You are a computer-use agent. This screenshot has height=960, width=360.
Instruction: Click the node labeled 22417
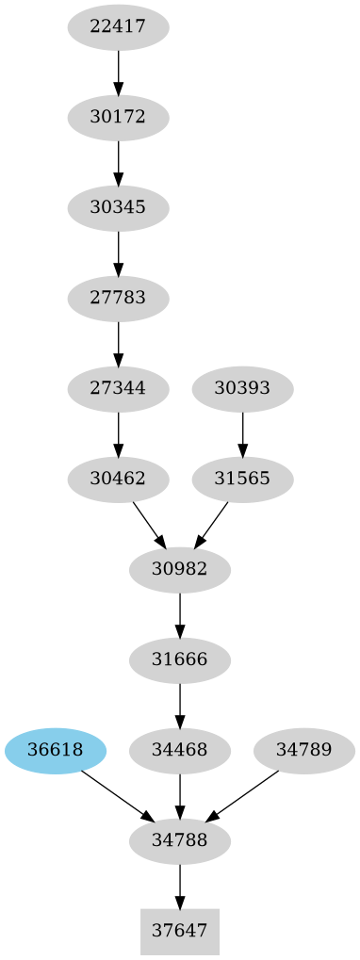[x=118, y=27]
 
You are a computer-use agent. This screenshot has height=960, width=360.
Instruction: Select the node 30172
[x=118, y=118]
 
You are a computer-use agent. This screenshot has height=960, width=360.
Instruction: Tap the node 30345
[x=118, y=208]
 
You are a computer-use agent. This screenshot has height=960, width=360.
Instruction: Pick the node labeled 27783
[x=118, y=299]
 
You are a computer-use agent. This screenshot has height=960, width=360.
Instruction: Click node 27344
[x=118, y=388]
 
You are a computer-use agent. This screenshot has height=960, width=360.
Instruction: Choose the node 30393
[x=242, y=388]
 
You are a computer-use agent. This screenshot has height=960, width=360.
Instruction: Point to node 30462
[x=118, y=479]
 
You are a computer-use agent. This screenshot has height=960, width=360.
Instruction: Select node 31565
[x=242, y=479]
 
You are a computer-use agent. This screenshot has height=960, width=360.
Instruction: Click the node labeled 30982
[x=180, y=569]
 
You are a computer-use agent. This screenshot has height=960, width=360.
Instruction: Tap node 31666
[x=180, y=659]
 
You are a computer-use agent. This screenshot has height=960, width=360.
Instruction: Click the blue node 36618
[x=56, y=750]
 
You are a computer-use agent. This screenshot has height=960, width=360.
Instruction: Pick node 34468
[x=180, y=750]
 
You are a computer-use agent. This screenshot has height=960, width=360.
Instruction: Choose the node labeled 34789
[x=304, y=750]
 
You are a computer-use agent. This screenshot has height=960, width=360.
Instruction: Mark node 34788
[x=180, y=840]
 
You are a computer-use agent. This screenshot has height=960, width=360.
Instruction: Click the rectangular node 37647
[x=180, y=931]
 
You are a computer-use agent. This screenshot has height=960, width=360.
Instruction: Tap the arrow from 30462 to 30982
[x=149, y=524]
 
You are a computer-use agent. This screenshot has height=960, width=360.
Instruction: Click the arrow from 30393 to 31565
[x=242, y=433]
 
